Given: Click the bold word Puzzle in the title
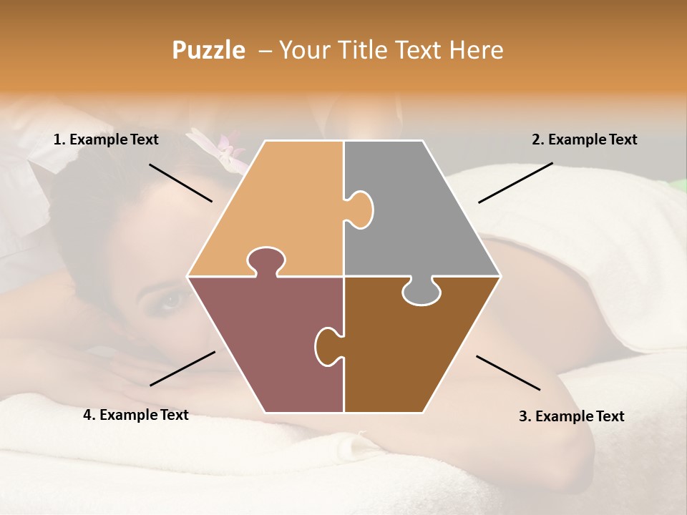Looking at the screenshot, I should click(208, 51).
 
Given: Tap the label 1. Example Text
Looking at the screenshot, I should click(106, 139).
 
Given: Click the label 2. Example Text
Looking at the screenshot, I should click(584, 139).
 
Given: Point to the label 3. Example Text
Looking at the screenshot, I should click(571, 416).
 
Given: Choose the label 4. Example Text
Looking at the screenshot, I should click(136, 415).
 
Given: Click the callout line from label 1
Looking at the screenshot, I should click(180, 182).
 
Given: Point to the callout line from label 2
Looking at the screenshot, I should click(515, 182).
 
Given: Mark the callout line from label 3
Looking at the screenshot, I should click(508, 373).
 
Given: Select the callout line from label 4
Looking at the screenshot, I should click(182, 368).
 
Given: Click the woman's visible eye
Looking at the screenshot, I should click(171, 300).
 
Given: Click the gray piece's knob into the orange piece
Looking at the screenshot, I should click(360, 210).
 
